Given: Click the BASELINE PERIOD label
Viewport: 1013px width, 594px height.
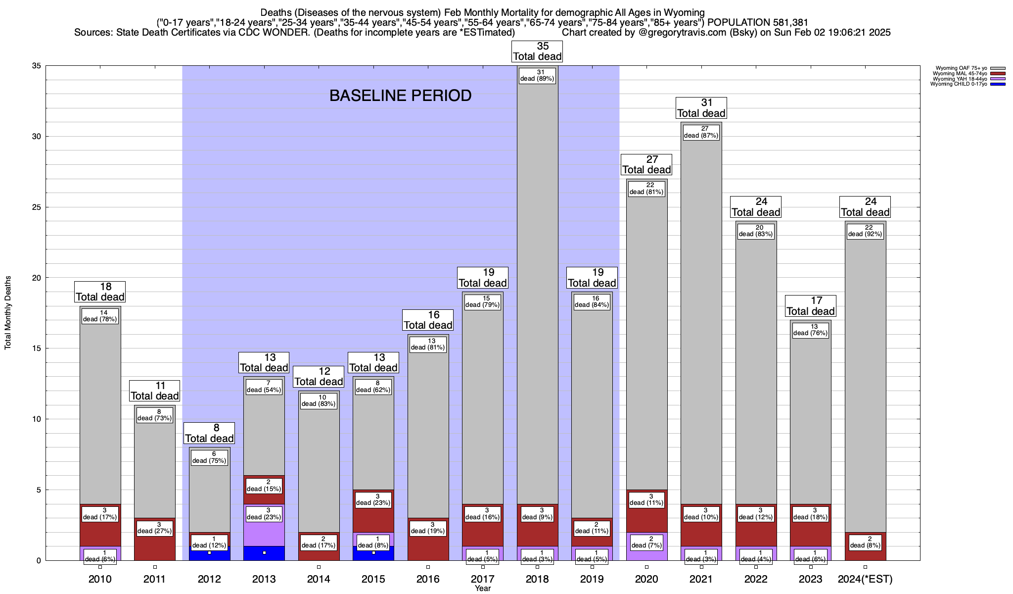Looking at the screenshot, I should (x=400, y=96).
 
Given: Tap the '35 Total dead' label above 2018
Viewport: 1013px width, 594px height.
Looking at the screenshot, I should (x=537, y=51).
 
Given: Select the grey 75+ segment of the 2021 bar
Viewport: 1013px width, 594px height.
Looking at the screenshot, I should (x=701, y=322).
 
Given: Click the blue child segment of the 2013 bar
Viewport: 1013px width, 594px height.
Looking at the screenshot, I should (x=264, y=553).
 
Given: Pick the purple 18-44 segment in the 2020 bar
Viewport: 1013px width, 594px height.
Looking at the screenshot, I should (x=646, y=553).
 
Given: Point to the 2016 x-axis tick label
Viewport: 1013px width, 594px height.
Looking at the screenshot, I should (x=428, y=579).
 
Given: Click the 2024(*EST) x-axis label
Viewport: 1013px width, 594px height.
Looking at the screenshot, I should (x=865, y=579).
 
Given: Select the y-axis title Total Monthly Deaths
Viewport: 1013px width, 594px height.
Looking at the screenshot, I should (x=8, y=313).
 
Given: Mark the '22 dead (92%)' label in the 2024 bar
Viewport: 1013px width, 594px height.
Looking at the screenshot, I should (x=865, y=231).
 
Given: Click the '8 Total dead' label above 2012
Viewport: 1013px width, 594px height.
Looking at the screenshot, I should (x=209, y=434).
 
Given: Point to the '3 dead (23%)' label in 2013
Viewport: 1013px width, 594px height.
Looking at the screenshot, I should (x=264, y=514).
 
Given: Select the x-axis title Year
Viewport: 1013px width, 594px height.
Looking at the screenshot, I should (x=483, y=589).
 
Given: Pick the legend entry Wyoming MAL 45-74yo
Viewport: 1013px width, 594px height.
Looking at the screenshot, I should (x=960, y=74).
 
